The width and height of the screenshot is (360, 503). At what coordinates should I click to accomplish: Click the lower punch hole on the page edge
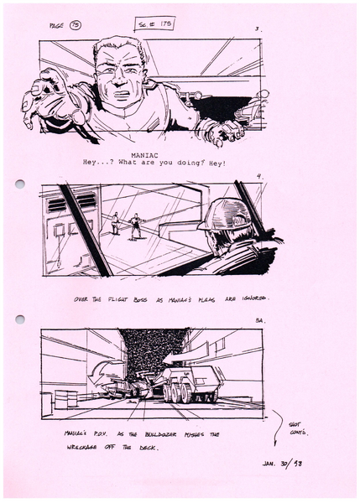click(19, 319)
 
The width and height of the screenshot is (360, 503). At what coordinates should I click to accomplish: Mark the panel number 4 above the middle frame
click(260, 176)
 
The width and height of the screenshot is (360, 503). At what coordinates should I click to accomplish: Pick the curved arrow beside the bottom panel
click(274, 428)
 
